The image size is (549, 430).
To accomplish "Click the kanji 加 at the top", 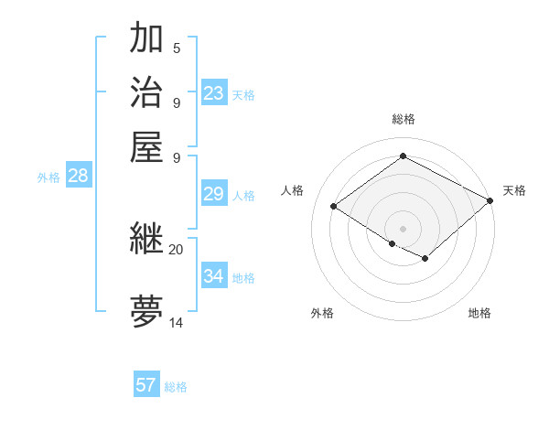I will tap(147, 38).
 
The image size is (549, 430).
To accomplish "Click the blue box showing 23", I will tap(214, 93).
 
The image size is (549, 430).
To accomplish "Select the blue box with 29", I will tap(214, 194).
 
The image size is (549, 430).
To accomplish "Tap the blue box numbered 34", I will tap(214, 276).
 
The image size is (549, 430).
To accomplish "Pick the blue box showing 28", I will tap(78, 177).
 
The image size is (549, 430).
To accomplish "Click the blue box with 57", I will tap(145, 385).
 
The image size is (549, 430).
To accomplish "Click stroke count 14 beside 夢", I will tap(176, 323).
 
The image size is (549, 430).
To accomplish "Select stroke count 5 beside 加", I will tap(177, 48).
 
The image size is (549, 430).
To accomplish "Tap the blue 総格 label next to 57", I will tap(176, 387).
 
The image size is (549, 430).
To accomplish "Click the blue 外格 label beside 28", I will tap(48, 178).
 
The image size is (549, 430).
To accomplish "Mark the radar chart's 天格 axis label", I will tap(514, 190).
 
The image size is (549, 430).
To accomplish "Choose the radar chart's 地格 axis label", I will tap(479, 314).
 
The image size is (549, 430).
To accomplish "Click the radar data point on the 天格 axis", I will tap(490, 201).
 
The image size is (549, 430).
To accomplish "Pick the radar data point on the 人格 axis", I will tap(333, 207).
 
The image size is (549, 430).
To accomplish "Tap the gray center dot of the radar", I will tap(403, 227).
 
